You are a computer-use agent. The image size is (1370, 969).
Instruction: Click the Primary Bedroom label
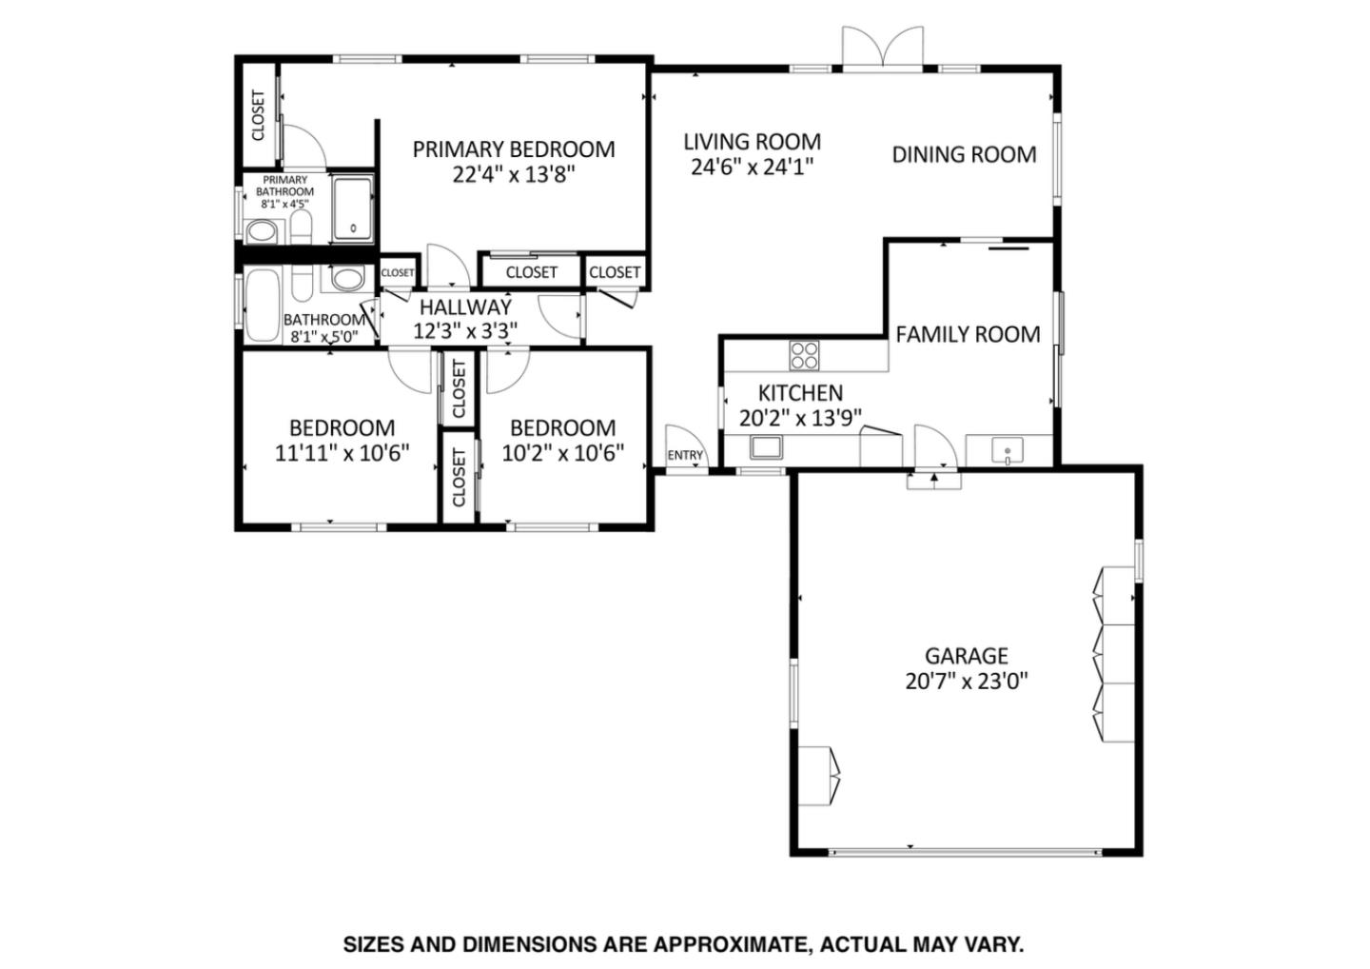click(x=513, y=149)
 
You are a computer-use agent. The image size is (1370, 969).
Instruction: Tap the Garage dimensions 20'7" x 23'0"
click(x=966, y=682)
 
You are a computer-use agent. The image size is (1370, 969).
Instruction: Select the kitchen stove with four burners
click(x=804, y=354)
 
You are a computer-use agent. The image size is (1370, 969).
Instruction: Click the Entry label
click(x=685, y=455)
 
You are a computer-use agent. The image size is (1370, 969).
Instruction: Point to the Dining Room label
click(x=964, y=154)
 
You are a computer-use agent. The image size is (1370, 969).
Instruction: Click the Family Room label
click(x=968, y=334)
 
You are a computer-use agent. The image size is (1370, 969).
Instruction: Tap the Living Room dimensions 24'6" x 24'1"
click(x=752, y=167)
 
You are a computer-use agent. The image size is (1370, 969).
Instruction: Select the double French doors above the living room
click(x=883, y=48)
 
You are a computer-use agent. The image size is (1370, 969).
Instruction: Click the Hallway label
click(x=465, y=307)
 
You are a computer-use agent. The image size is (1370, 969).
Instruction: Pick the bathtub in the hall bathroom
click(x=262, y=305)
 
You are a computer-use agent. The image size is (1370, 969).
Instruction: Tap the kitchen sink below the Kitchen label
click(x=766, y=446)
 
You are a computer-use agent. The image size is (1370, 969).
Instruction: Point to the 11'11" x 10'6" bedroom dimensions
click(x=342, y=453)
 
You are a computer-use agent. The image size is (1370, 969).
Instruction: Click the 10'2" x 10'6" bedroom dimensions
click(x=562, y=453)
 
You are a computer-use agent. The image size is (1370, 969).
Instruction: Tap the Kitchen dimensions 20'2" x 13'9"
click(x=800, y=417)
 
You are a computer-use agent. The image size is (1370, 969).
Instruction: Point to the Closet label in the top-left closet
click(x=258, y=115)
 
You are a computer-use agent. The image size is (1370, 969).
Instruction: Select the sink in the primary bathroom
click(x=260, y=230)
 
